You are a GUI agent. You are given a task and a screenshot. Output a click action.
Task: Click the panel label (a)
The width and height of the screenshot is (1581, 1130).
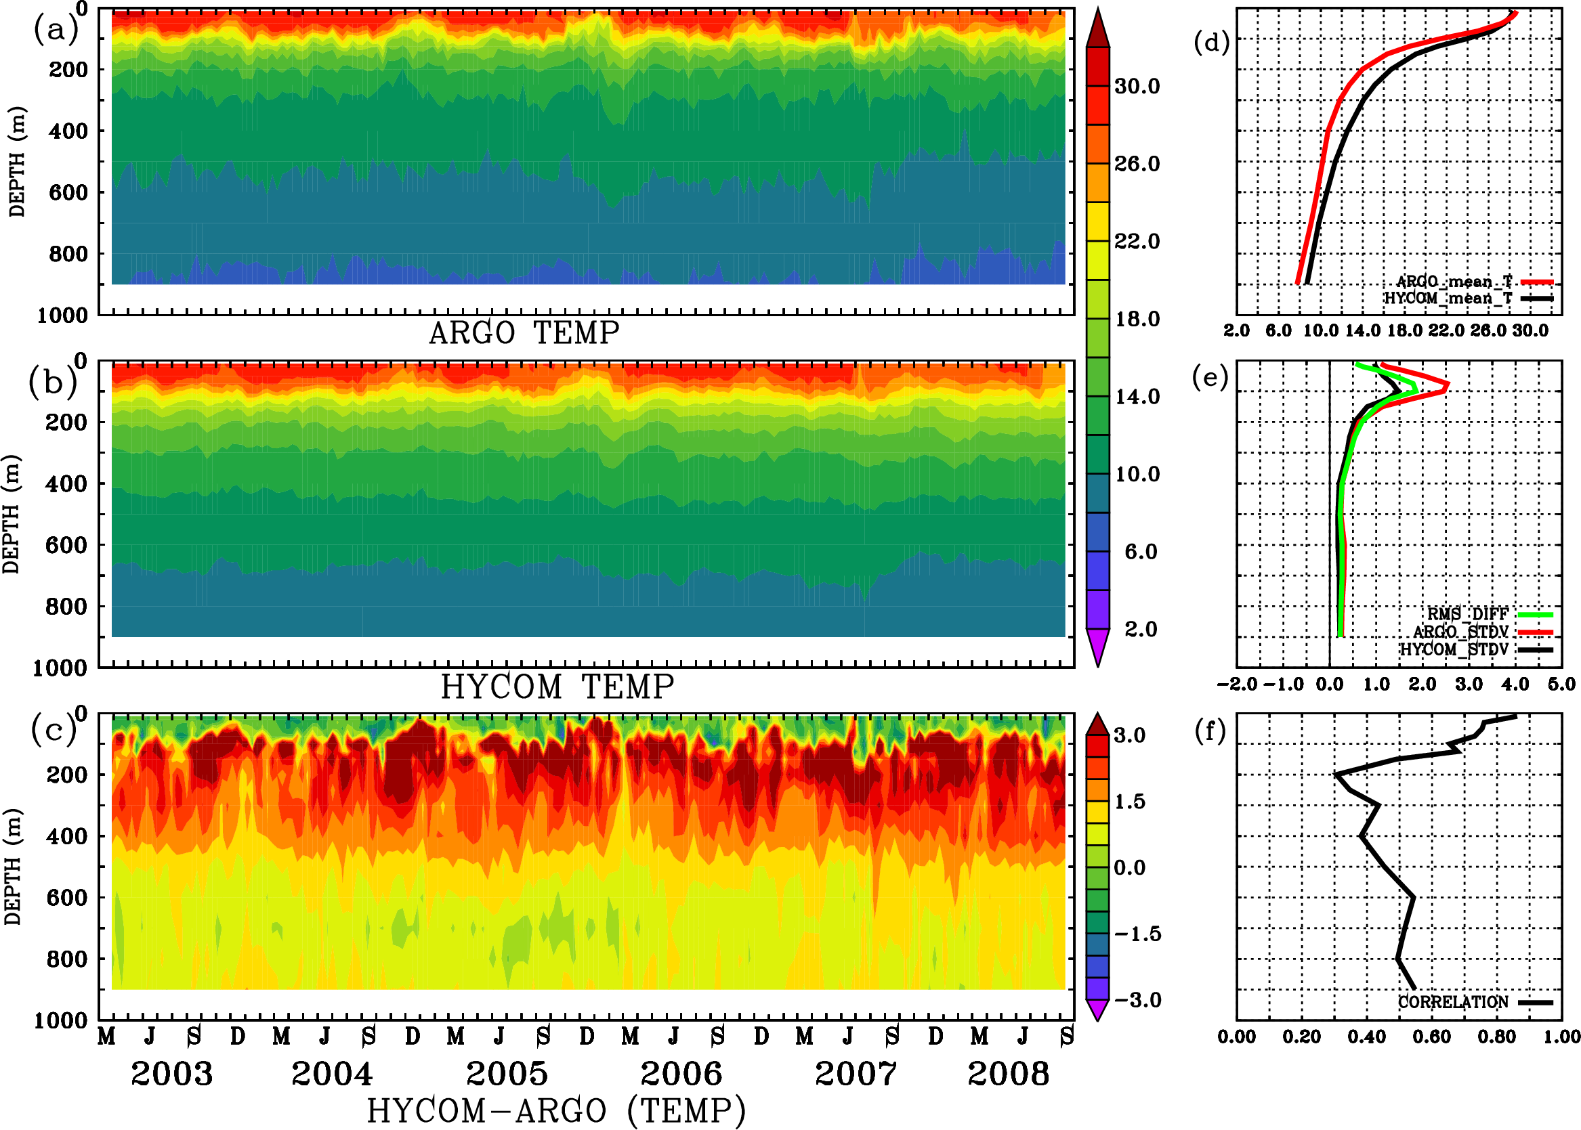(55, 31)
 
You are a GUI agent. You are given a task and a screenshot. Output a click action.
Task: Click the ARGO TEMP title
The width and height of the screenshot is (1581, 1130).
(524, 333)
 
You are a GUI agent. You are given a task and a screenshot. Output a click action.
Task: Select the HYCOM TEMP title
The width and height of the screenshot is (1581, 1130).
(557, 687)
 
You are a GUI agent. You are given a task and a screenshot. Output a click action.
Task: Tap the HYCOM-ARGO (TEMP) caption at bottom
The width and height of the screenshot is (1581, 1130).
(555, 1110)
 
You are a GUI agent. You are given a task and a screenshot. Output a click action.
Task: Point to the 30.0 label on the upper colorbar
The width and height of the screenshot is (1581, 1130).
(1137, 87)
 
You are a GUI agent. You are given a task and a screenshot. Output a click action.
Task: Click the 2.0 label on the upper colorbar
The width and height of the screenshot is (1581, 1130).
(1140, 629)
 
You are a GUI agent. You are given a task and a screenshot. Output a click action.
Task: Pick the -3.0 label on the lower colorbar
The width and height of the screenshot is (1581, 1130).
(1137, 1000)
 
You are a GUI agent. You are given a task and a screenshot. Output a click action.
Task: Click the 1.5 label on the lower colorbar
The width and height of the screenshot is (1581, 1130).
(1129, 802)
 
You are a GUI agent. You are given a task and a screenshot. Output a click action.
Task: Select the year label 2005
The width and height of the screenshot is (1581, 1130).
(507, 1074)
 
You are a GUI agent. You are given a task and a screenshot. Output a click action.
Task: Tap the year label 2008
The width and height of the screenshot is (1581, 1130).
(1008, 1074)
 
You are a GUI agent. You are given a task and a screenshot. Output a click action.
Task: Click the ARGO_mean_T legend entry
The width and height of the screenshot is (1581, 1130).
(1454, 282)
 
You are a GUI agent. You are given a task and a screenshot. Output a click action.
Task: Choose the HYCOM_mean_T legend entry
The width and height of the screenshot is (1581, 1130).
(1448, 299)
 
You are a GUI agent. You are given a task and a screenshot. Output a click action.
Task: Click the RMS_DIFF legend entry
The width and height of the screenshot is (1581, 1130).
(1467, 614)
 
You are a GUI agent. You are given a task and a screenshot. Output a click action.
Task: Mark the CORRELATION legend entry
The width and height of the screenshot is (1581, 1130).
(1454, 1003)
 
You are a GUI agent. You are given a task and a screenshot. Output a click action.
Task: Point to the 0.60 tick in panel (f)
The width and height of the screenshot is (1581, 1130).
(1431, 1037)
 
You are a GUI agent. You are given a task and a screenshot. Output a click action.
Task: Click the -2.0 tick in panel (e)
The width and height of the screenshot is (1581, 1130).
(1236, 684)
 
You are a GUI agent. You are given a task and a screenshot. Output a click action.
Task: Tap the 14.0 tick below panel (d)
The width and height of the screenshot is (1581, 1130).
(1362, 331)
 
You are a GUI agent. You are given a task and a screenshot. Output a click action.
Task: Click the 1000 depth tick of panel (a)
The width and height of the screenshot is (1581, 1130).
(62, 316)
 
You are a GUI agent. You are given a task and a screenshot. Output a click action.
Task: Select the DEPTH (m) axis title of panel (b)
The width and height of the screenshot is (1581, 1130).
(12, 513)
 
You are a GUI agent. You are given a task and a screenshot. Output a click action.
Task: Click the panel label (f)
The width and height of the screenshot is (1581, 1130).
(1210, 731)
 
